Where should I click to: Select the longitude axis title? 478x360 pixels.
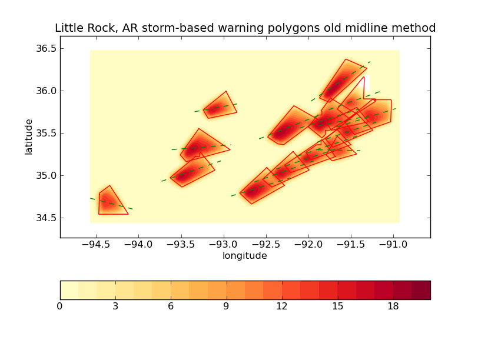[x=244, y=256]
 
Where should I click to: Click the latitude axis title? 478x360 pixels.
[x=29, y=136]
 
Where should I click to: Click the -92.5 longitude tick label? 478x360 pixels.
[x=266, y=244]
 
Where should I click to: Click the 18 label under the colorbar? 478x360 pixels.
[x=393, y=306]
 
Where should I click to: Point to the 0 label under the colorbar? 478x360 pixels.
[x=60, y=306]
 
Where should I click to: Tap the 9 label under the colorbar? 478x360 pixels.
[x=227, y=306]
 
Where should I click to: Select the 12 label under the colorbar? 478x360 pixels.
[x=282, y=306]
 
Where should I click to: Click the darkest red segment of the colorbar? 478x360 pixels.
[x=421, y=290]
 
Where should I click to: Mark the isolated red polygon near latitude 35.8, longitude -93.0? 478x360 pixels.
[x=220, y=106]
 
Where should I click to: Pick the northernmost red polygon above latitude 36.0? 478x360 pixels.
[x=343, y=79]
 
